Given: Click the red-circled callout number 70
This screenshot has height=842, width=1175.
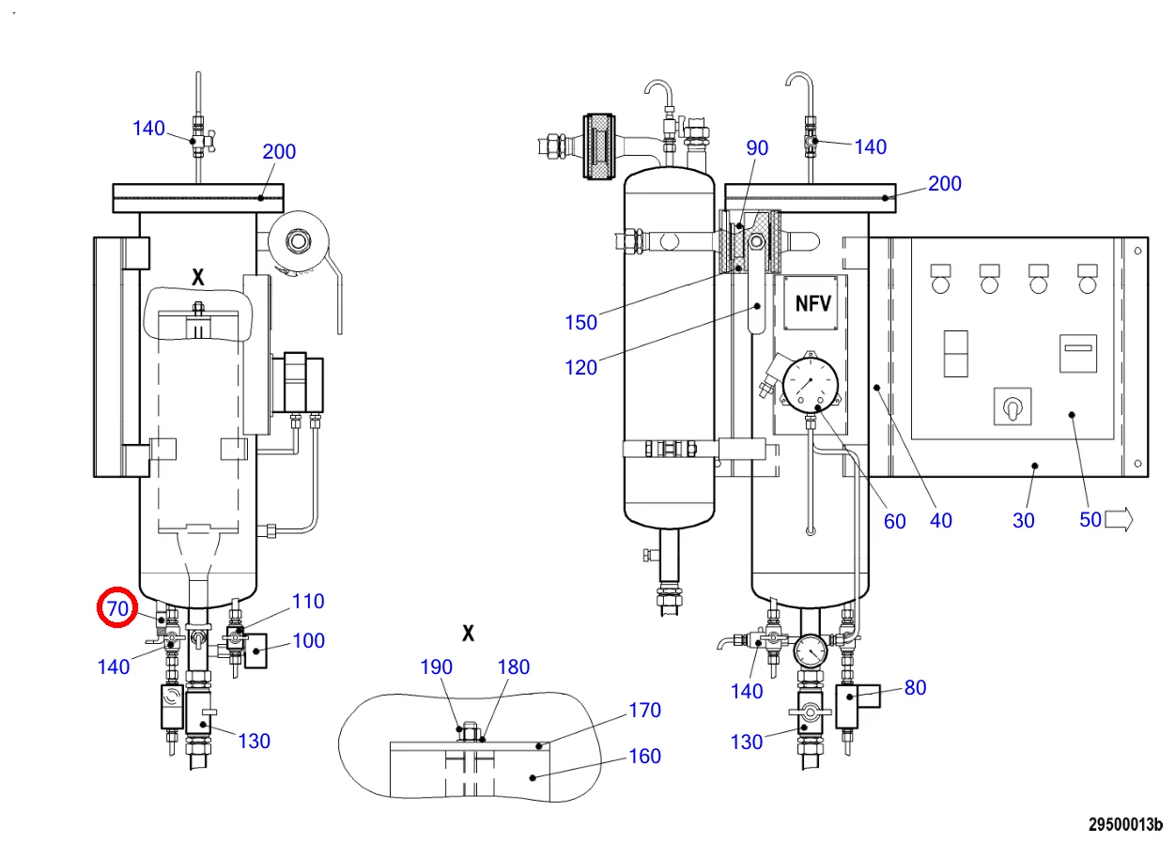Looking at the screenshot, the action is coord(117,608).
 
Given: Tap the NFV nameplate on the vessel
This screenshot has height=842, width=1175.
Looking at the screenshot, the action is coord(811,303).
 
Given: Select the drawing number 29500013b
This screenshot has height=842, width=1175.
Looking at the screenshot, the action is coord(1125,825).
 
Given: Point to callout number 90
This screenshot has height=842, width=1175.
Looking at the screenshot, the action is coord(757,148).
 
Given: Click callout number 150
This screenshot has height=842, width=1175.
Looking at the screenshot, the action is coord(580,322).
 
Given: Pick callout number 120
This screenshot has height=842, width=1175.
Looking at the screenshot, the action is coord(580,368).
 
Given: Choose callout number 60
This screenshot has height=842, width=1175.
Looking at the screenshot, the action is coord(894,521).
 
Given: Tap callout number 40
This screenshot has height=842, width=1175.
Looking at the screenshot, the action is coord(940,521).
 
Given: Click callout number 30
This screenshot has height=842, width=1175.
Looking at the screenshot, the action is coord(1023,521).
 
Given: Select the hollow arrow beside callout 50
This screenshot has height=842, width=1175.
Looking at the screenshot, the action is coord(1119,520).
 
